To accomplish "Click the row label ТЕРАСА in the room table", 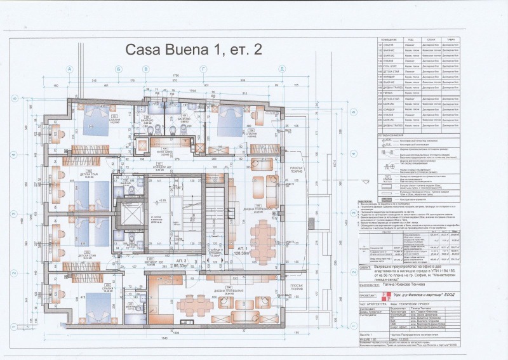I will [389, 93].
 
